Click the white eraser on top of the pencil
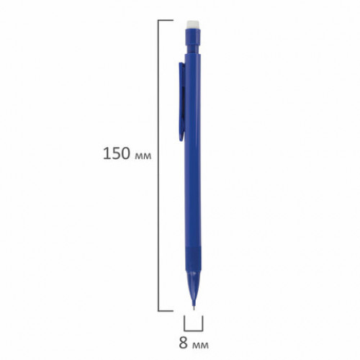click(193, 24)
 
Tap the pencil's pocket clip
click(182, 102)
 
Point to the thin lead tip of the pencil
click(194, 307)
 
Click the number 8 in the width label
click(184, 343)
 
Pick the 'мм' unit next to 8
click(201, 346)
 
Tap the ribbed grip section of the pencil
click(193, 258)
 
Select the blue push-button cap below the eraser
click(193, 36)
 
